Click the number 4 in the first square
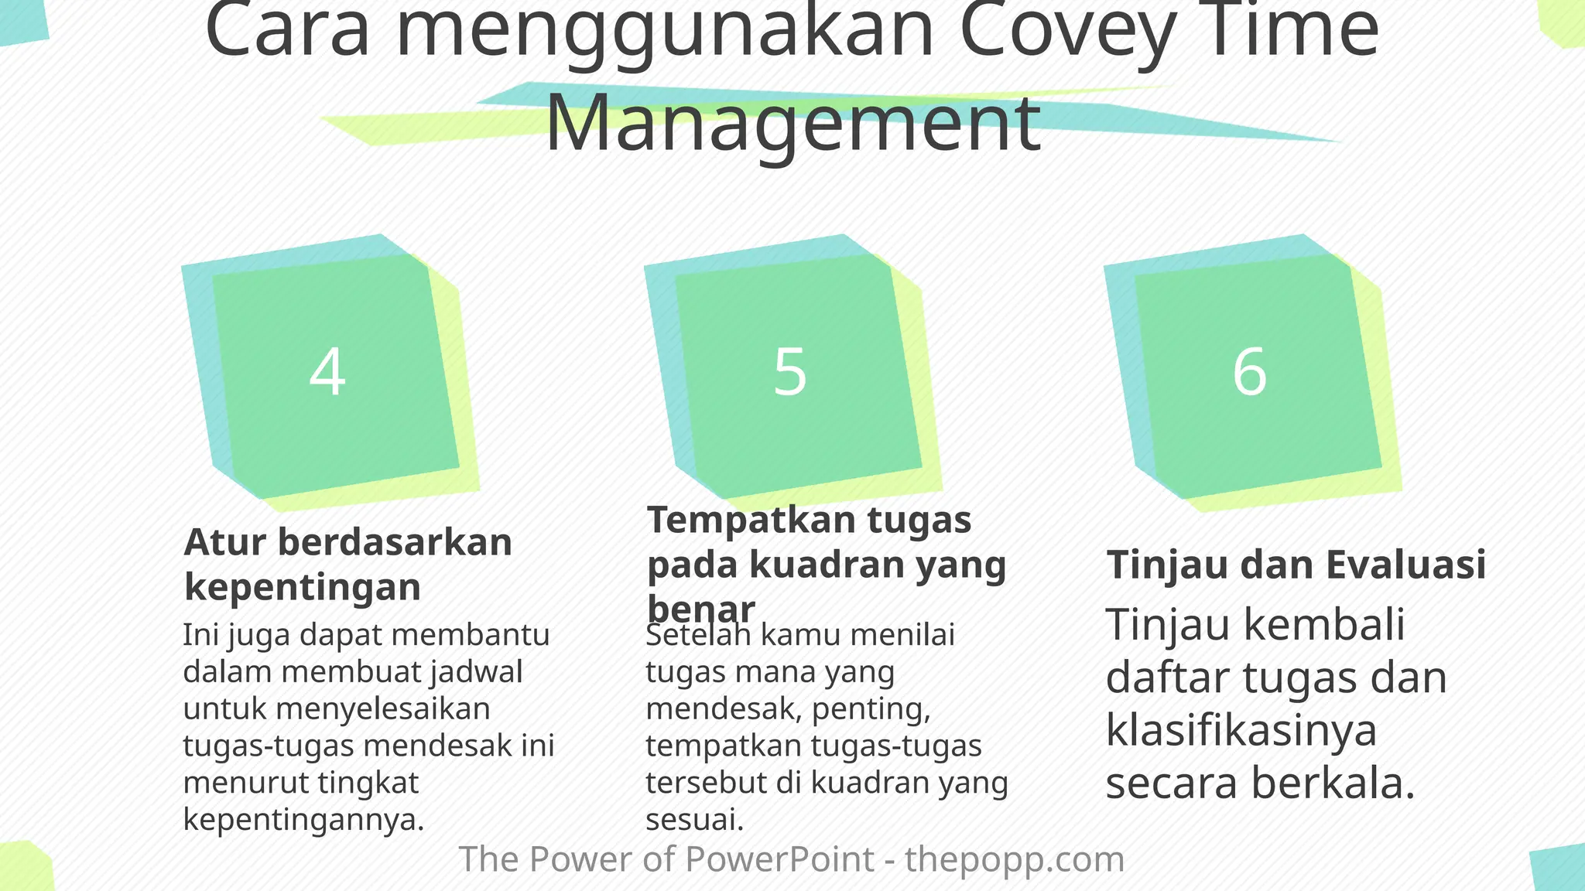[327, 372]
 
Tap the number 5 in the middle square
[790, 372]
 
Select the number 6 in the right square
[1249, 372]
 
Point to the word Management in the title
[792, 124]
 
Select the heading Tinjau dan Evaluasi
[1296, 565]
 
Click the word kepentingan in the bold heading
[303, 587]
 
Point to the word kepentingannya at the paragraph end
[303, 820]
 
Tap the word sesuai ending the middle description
[694, 820]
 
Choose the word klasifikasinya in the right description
[1241, 730]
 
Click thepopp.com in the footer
[1015, 859]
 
